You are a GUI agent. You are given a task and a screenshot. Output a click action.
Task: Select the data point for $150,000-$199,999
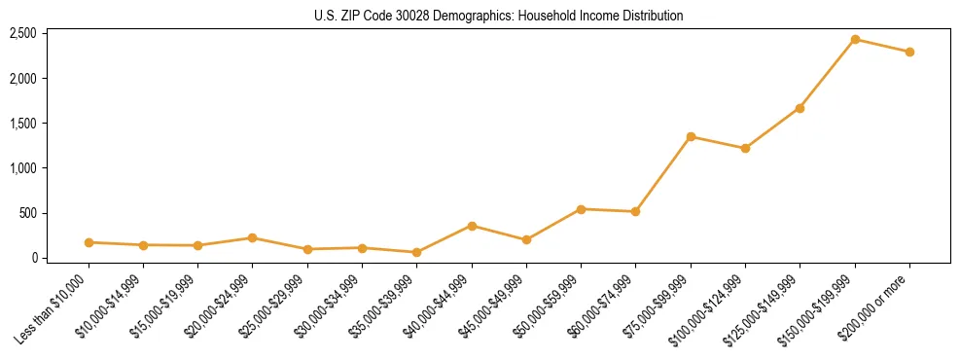855,40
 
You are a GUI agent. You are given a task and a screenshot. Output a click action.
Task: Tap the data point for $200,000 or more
909,53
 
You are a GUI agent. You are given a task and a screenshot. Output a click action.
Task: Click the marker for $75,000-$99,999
691,137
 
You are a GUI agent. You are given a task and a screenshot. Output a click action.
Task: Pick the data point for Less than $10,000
89,242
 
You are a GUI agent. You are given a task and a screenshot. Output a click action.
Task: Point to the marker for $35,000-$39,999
417,252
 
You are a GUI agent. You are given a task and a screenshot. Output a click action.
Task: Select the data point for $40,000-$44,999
472,226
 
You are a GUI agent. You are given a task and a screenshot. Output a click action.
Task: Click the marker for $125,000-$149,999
800,108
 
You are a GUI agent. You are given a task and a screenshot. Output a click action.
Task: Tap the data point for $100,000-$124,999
745,149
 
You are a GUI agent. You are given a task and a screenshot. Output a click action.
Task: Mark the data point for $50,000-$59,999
581,209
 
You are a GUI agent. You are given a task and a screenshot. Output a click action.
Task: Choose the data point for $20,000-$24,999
253,237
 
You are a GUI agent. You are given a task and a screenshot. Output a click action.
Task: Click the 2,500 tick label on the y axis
22,34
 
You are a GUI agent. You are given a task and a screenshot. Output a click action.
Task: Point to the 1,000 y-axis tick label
22,168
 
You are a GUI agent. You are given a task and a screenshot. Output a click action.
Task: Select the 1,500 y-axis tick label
22,124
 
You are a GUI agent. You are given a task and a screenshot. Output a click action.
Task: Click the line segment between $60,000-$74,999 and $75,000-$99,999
663,174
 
